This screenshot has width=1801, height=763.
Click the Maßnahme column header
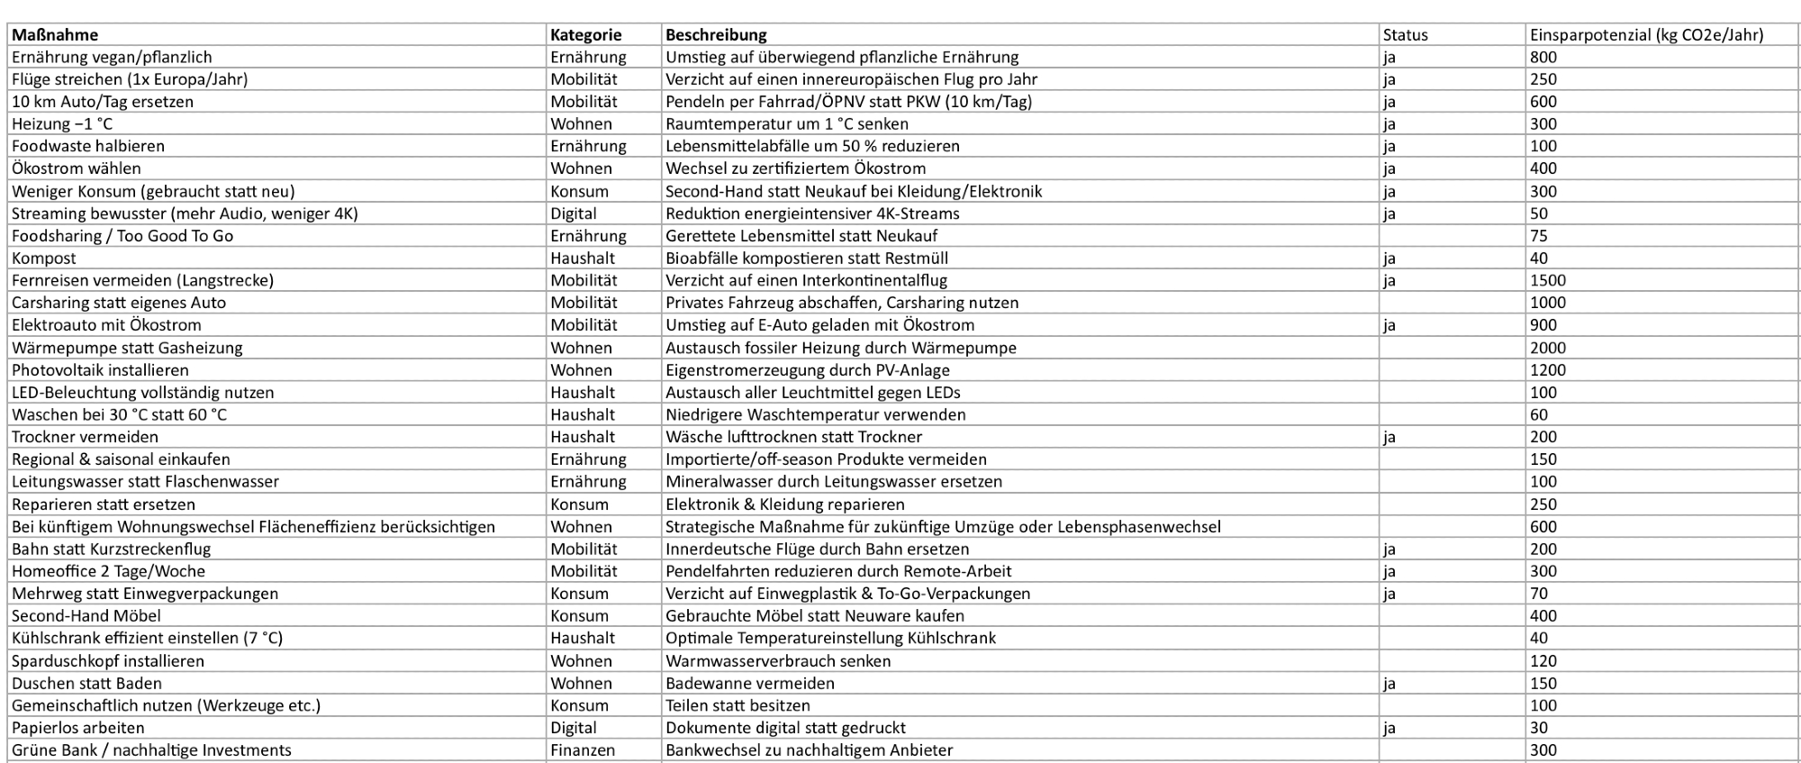[55, 35]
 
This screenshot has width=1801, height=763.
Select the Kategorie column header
[585, 35]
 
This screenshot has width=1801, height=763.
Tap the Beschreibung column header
[716, 35]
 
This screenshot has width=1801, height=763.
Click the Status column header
[1405, 35]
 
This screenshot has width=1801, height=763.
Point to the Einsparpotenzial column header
[1646, 35]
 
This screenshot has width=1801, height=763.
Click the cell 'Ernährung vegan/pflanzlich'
[112, 57]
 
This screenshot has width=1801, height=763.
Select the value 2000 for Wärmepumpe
[1548, 348]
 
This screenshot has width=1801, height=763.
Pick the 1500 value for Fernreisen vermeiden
[1548, 280]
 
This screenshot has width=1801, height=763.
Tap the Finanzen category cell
[583, 750]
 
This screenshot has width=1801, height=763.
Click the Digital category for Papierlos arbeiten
[574, 728]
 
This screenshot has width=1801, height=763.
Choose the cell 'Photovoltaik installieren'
[100, 370]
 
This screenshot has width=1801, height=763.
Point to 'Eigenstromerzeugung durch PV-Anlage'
[807, 370]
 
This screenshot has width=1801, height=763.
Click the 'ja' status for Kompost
[1389, 259]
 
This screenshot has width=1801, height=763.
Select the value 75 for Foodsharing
[1539, 236]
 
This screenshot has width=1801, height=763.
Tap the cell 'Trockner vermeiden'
[85, 437]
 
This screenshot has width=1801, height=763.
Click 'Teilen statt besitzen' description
[738, 705]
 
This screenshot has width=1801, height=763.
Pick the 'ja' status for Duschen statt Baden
[1389, 684]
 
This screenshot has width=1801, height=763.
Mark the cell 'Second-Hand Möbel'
[86, 616]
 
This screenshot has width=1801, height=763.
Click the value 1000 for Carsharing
[1548, 303]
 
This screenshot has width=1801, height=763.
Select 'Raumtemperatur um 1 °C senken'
[786, 124]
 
